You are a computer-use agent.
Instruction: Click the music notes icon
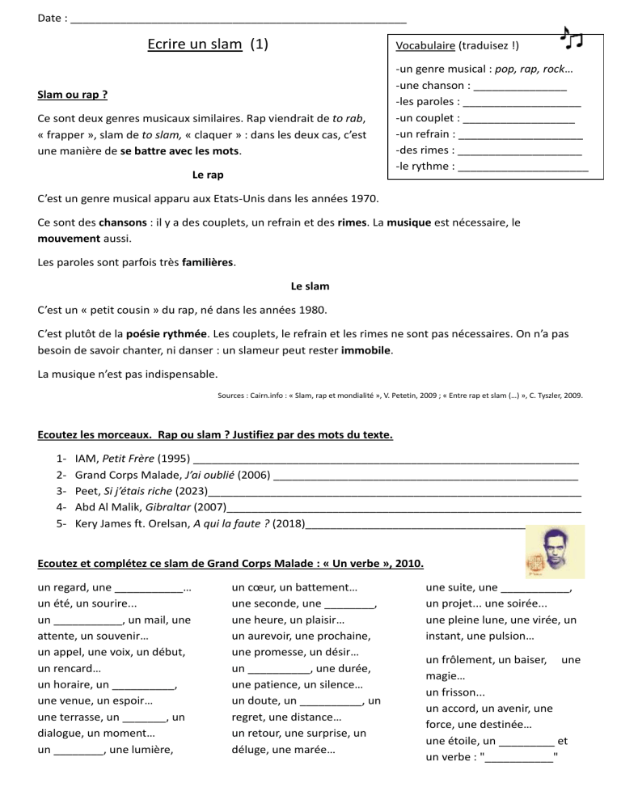pos(572,37)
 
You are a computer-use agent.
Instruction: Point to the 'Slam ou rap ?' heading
pos(73,95)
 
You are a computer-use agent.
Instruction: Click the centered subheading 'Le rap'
pos(208,174)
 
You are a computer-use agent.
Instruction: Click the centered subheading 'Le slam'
pos(310,286)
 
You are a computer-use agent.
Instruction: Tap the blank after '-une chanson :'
pos(520,86)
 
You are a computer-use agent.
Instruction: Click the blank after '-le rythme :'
pos(522,167)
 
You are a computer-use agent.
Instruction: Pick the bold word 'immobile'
pos(365,352)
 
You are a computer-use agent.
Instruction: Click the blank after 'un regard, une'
pos(150,588)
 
